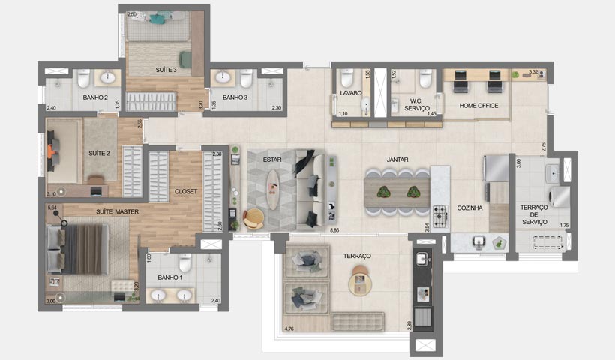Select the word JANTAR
pyautogui.click(x=397, y=160)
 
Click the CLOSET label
pyautogui.click(x=185, y=191)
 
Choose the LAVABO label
pyautogui.click(x=350, y=93)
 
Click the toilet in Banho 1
pyautogui.click(x=185, y=262)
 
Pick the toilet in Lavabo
pyautogui.click(x=346, y=77)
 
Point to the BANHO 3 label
pyautogui.click(x=235, y=97)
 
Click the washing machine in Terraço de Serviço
pyautogui.click(x=559, y=196)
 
